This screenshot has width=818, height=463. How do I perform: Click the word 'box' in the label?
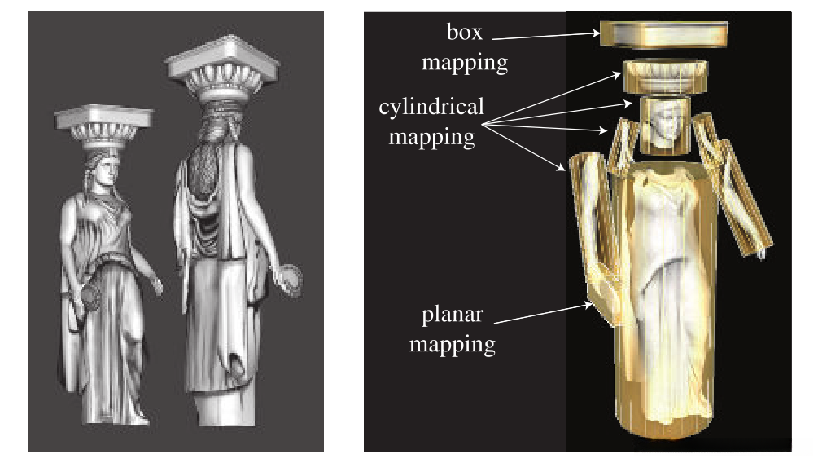pos(465,33)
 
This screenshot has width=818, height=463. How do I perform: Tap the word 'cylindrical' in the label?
pos(431,107)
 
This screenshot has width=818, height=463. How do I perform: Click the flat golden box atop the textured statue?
pos(663,34)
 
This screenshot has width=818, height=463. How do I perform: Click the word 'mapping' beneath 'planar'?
pos(452,343)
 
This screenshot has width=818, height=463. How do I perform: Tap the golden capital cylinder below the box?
pos(663,78)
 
